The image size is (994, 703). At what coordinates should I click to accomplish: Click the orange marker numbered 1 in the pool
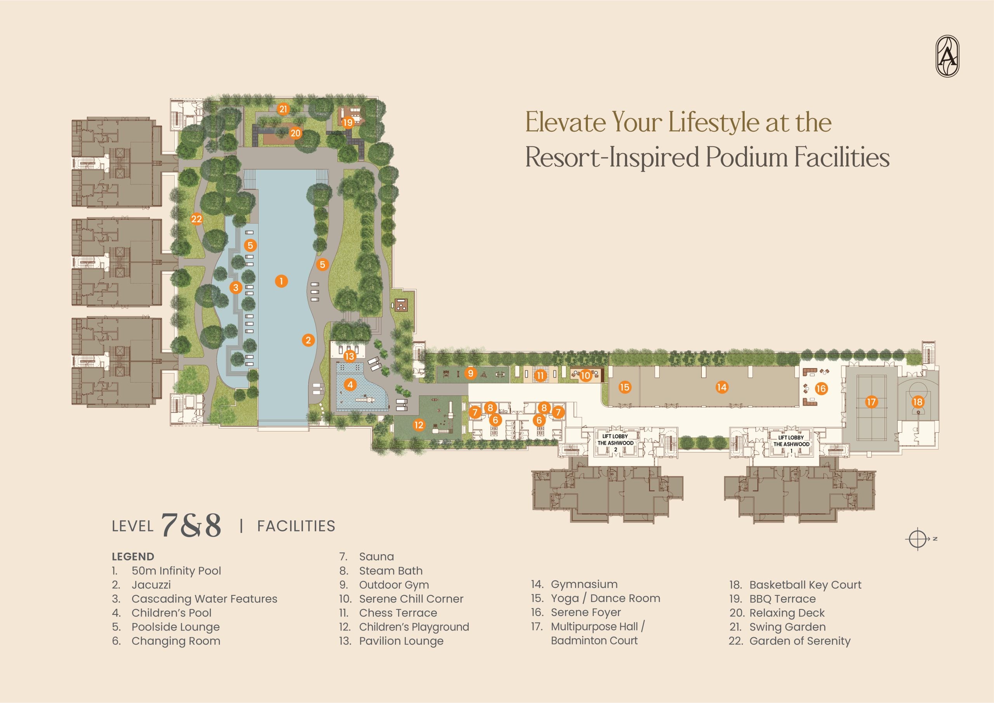(x=282, y=281)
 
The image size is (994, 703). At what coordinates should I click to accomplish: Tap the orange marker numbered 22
(x=196, y=219)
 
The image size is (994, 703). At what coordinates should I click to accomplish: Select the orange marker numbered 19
(x=348, y=123)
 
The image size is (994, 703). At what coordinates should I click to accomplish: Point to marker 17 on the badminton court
(x=871, y=402)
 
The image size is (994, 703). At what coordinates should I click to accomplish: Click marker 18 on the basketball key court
(x=918, y=402)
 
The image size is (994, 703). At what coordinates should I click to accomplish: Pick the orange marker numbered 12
(x=419, y=425)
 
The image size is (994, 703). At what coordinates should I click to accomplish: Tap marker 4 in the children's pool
(x=350, y=385)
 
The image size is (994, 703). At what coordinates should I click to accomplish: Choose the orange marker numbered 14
(x=722, y=387)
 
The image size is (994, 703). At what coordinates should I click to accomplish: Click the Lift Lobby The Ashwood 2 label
(x=615, y=443)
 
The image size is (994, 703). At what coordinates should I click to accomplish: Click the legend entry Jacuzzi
(x=151, y=585)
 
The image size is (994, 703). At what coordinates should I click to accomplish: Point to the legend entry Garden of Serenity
(x=799, y=640)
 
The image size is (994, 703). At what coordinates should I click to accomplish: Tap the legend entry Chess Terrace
(x=398, y=613)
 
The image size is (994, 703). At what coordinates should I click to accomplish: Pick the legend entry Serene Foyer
(x=586, y=613)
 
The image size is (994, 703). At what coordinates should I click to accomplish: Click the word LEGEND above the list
(x=133, y=557)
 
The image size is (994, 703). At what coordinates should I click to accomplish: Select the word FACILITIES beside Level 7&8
(x=296, y=526)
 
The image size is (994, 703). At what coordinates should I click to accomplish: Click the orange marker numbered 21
(x=283, y=109)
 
